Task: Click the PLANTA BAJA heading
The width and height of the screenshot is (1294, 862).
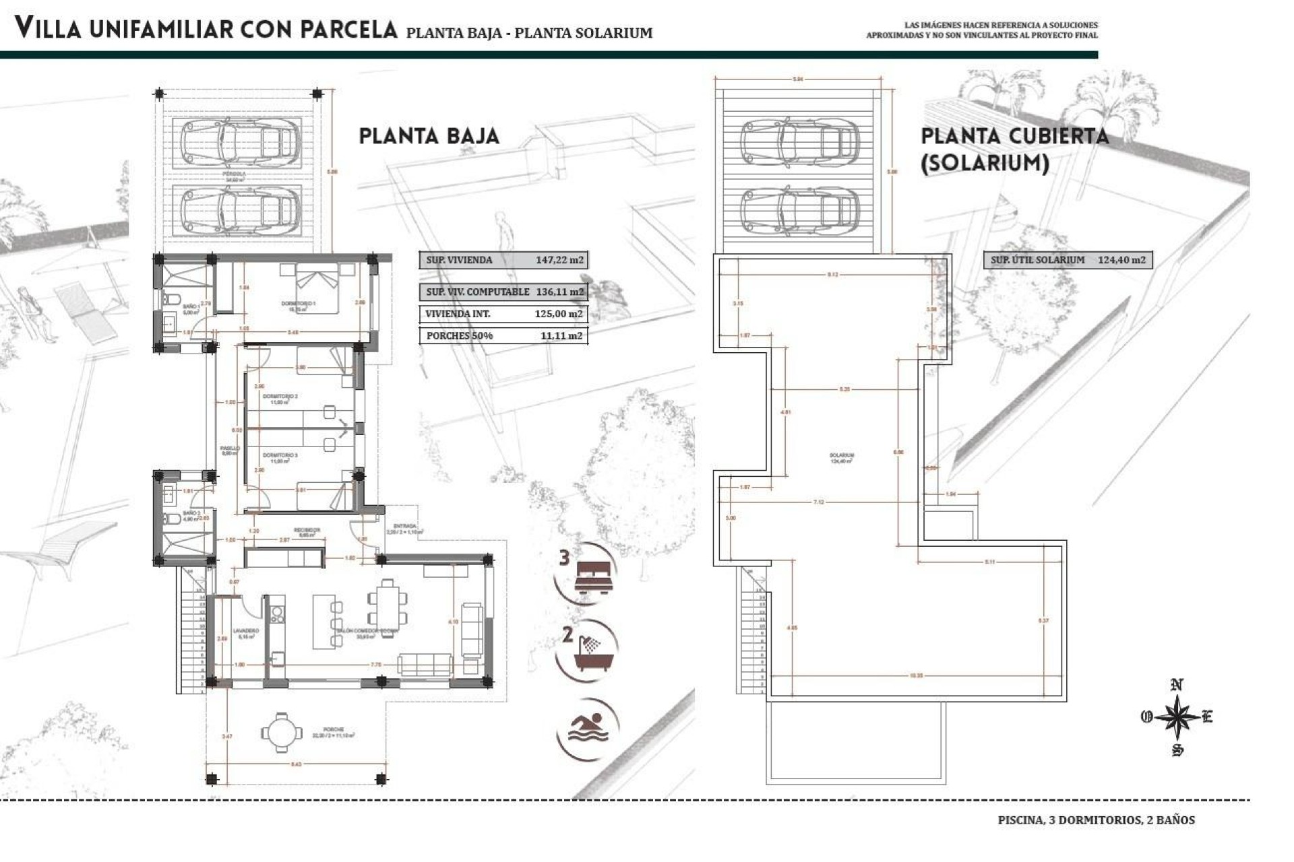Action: [429, 136]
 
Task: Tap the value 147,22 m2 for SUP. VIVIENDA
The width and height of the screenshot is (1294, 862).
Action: [559, 260]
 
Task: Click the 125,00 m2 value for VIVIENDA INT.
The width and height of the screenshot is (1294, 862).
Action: [558, 314]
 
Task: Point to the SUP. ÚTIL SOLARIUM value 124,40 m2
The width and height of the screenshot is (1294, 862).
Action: [1121, 260]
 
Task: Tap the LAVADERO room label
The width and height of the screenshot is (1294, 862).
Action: [245, 632]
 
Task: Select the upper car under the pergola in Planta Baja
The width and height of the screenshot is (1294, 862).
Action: [240, 142]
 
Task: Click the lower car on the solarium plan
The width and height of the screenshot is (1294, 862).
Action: [799, 209]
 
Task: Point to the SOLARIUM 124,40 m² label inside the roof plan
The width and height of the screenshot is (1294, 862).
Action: [842, 458]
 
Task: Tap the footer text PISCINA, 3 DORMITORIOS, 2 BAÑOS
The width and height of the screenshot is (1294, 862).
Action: [1096, 820]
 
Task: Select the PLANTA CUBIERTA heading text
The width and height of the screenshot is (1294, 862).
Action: [1014, 136]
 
